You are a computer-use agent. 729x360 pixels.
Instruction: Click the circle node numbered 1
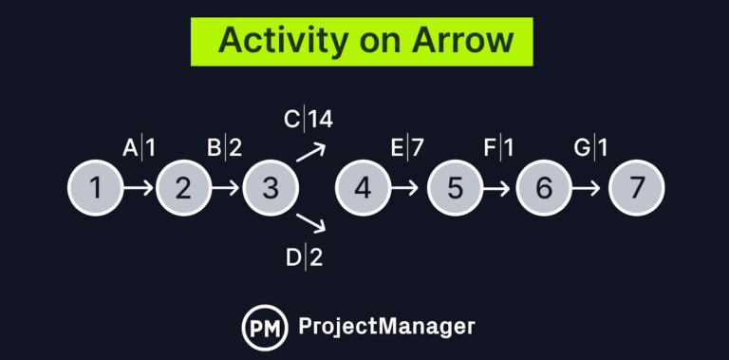[96, 188]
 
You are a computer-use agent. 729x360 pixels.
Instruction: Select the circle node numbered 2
[183, 188]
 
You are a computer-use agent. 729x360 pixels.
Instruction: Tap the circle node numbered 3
[271, 188]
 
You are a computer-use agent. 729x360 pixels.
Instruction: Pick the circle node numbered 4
[364, 188]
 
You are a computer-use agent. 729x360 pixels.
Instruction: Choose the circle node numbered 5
[456, 188]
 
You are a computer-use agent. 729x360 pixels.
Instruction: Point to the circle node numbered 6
[544, 188]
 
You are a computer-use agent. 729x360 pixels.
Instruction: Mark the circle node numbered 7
[636, 188]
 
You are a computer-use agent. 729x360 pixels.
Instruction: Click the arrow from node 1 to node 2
[140, 188]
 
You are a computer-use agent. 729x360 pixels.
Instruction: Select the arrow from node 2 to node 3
[227, 188]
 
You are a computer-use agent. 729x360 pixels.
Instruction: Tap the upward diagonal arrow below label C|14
[311, 152]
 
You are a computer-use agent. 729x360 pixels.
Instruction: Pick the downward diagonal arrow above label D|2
[311, 224]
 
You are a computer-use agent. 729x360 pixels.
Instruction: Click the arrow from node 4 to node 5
[405, 188]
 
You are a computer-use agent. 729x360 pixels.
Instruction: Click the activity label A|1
[140, 148]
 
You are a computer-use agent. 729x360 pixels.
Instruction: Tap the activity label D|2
[304, 257]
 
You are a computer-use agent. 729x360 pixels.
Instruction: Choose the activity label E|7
[406, 148]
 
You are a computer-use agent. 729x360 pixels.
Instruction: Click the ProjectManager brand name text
[386, 326]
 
